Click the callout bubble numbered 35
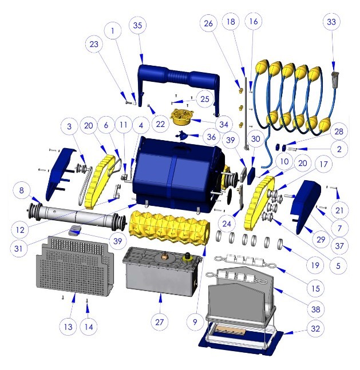[x=137, y=25]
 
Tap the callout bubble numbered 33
[x=331, y=22]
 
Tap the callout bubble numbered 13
[x=68, y=327]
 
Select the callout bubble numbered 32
[x=315, y=329]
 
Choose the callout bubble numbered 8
[x=22, y=190]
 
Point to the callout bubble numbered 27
[x=160, y=322]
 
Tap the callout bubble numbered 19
[x=315, y=265]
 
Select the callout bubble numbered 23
[x=94, y=44]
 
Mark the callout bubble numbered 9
[x=195, y=322]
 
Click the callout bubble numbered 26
[x=208, y=23]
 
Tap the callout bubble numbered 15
[x=316, y=288]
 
